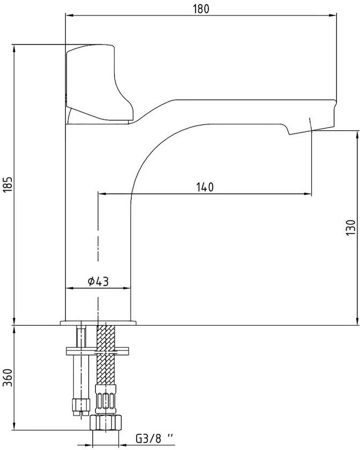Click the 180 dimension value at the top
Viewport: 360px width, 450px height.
click(201, 9)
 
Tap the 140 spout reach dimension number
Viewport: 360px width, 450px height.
click(205, 187)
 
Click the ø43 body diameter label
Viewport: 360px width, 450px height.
click(99, 281)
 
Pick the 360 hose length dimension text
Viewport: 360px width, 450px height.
click(7, 377)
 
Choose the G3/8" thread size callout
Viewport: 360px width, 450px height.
click(154, 438)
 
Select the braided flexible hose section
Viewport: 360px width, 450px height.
click(106, 355)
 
